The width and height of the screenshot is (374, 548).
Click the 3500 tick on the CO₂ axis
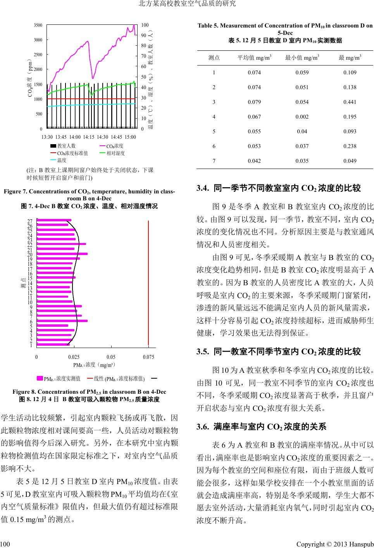pyautogui.click(x=38, y=25)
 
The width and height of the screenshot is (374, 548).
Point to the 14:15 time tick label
pyautogui.click(x=89, y=137)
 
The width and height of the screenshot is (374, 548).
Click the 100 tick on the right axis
pyautogui.click(x=145, y=25)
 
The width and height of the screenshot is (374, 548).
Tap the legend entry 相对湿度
pyautogui.click(x=115, y=153)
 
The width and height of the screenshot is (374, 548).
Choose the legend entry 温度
pyautogui.click(x=62, y=160)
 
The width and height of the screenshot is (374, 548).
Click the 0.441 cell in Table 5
pyautogui.click(x=350, y=102)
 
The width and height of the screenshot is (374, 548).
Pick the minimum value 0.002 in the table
pyautogui.click(x=302, y=117)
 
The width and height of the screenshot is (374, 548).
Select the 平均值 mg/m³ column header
pyautogui.click(x=254, y=58)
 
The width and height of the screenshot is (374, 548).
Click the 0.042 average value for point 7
pyautogui.click(x=254, y=161)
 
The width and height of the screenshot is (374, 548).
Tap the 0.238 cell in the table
pyautogui.click(x=350, y=146)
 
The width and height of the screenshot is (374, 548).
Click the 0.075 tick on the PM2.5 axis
pyautogui.click(x=148, y=357)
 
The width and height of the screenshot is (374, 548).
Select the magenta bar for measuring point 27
pyautogui.click(x=54, y=221)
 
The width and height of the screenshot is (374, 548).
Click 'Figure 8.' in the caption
pyautogui.click(x=24, y=391)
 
